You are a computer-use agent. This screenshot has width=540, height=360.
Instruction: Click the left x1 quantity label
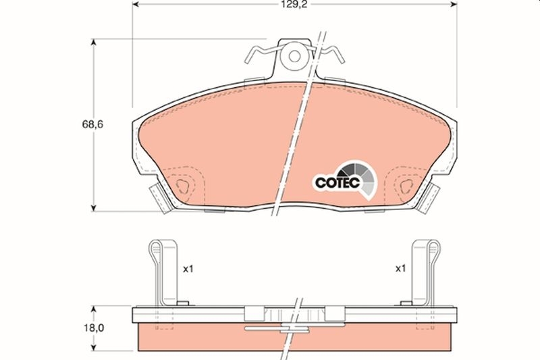(188, 268)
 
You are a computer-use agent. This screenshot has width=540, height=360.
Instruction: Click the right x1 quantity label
(400, 268)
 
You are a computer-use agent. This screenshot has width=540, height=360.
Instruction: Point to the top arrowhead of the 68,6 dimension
(94, 43)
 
